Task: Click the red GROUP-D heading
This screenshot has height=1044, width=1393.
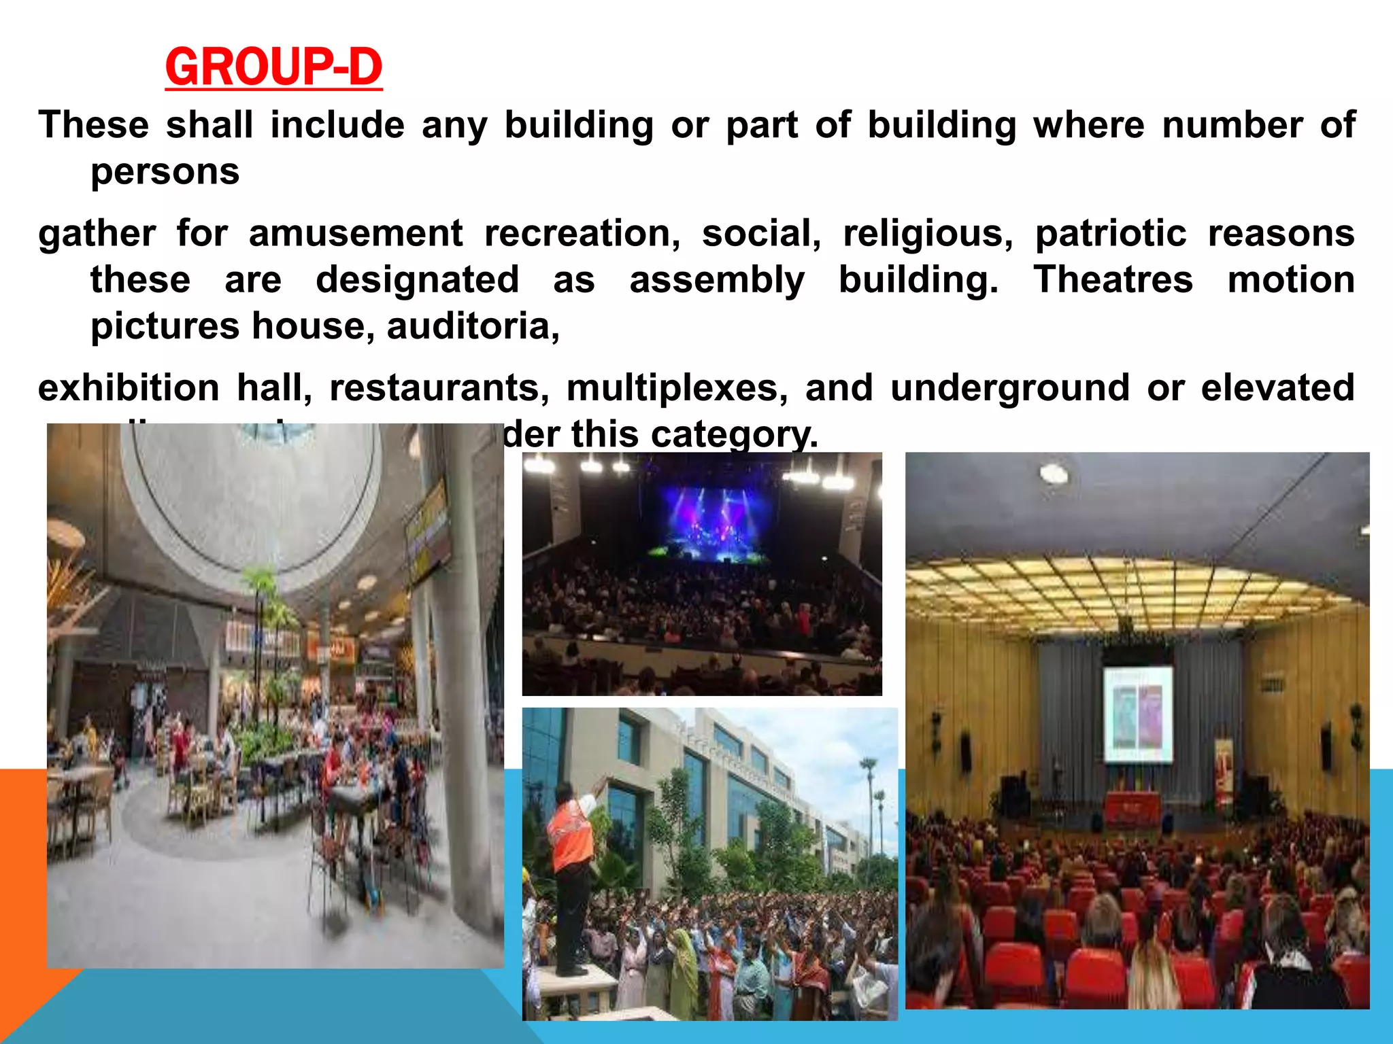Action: (x=273, y=67)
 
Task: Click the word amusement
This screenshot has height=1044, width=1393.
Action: (x=356, y=233)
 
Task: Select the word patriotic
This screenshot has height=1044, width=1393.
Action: (x=1111, y=233)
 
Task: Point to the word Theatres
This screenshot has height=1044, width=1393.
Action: (x=1113, y=279)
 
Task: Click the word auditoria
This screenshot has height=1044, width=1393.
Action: (x=473, y=326)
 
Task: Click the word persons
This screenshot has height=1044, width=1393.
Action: (x=165, y=171)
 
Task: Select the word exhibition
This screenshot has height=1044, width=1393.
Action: (x=129, y=387)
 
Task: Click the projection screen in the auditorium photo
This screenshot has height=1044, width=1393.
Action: (x=1137, y=713)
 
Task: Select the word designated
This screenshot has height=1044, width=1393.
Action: (x=418, y=279)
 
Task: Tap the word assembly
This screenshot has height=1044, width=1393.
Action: (x=717, y=279)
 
